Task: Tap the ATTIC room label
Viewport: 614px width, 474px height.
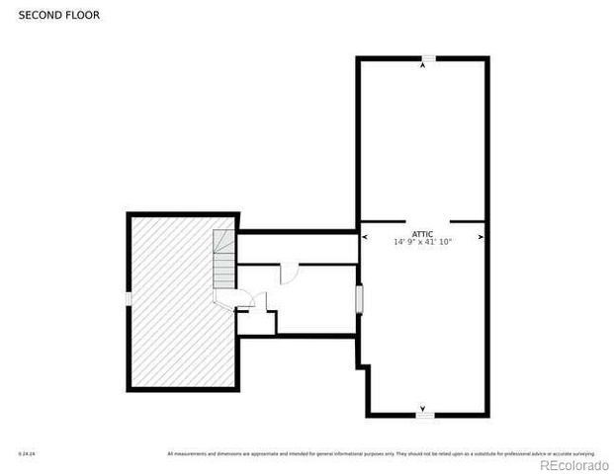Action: (422, 233)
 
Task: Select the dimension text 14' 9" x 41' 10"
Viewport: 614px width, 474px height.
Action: (422, 241)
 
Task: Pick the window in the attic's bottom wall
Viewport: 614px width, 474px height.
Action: (424, 415)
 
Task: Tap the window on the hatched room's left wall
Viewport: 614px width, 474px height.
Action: (129, 298)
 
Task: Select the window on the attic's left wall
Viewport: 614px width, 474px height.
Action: (359, 299)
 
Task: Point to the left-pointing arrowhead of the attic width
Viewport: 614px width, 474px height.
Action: (364, 238)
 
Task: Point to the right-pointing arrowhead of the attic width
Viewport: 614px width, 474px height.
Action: (481, 238)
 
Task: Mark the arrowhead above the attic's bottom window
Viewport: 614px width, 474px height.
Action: (424, 407)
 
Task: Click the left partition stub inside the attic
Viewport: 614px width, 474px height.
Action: (383, 220)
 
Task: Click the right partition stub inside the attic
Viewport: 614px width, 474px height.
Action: (468, 220)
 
